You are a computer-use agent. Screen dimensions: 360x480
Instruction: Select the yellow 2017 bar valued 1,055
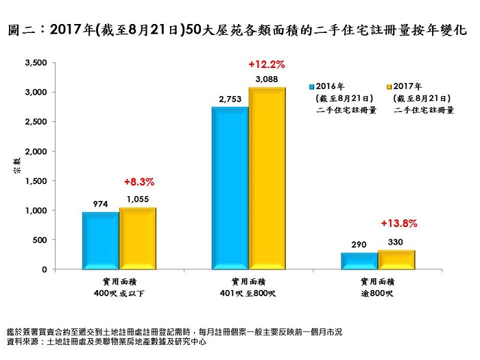138,238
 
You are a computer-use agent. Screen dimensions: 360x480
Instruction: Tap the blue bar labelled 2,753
229,187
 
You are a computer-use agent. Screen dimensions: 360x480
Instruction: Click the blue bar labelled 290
359,261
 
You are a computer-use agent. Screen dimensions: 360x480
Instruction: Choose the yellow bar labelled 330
396,259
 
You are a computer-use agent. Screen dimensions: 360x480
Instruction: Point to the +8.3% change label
139,182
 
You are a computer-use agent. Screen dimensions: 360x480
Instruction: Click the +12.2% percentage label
267,64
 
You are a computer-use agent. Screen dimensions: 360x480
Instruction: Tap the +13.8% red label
398,224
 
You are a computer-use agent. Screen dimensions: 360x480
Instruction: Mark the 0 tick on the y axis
43,269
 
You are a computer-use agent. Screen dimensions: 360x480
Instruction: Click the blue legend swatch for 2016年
311,86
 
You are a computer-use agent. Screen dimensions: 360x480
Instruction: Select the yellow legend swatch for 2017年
389,86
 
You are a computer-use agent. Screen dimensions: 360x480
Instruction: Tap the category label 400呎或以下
119,294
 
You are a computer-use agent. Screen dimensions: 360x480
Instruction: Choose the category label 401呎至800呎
248,294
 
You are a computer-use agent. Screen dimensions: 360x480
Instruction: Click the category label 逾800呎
377,294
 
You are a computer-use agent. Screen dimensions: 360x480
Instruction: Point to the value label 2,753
230,99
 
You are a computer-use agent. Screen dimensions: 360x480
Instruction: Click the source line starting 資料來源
106,341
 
